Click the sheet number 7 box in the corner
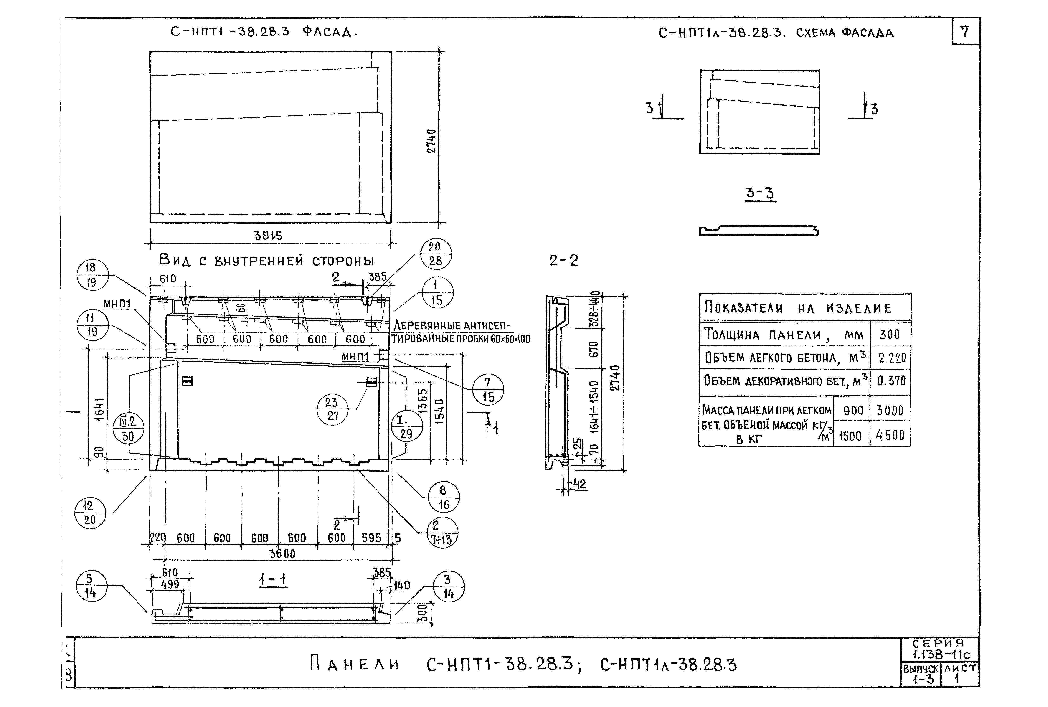click(965, 32)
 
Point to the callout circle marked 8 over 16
click(443, 497)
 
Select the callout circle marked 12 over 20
click(90, 513)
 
